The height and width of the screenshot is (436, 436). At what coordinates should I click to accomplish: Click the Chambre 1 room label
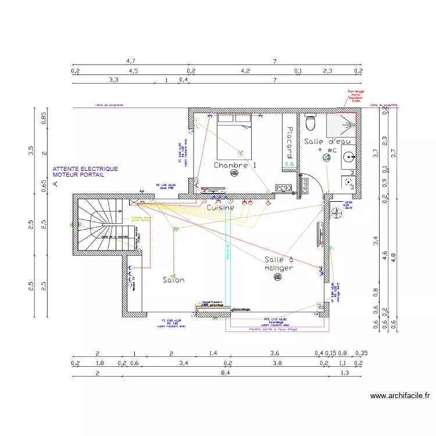click(x=235, y=166)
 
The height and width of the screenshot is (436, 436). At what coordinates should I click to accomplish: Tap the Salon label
click(x=173, y=280)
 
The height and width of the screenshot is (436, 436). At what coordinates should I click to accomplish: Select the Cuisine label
click(x=220, y=208)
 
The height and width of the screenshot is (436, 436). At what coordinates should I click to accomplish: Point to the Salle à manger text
click(x=279, y=264)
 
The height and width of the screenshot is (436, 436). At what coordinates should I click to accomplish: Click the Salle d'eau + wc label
click(x=326, y=145)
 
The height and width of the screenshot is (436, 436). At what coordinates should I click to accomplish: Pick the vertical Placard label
click(x=288, y=143)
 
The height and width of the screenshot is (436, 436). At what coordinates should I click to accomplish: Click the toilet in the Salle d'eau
click(x=310, y=123)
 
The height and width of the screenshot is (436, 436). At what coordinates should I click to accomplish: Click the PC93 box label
click(x=284, y=188)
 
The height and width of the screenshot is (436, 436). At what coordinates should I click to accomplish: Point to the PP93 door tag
click(x=305, y=185)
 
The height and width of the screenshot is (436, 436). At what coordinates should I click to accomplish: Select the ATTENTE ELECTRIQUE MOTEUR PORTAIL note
click(x=85, y=171)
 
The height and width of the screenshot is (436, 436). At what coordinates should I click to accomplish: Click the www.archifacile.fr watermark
click(x=400, y=396)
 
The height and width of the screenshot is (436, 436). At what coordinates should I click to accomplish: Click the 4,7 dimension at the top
click(x=131, y=60)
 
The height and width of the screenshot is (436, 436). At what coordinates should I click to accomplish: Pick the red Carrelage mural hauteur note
click(x=355, y=96)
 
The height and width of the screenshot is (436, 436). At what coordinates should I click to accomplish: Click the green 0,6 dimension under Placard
click(x=289, y=164)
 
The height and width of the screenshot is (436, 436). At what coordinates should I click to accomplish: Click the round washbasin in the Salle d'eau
click(x=348, y=156)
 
